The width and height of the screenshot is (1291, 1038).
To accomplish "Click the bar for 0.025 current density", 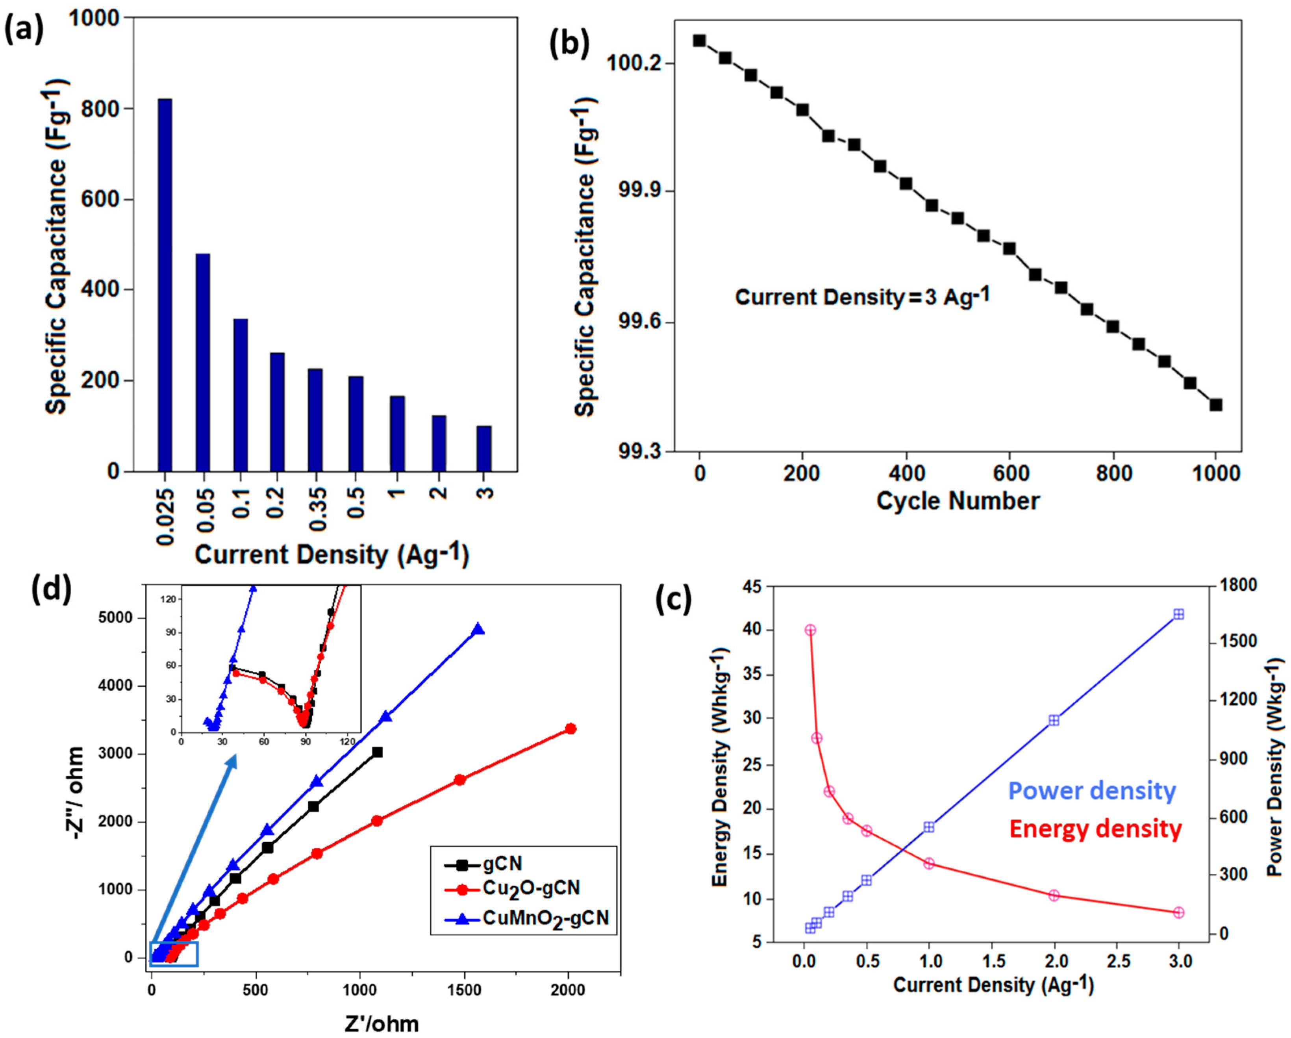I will [165, 285].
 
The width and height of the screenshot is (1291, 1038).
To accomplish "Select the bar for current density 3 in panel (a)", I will [484, 449].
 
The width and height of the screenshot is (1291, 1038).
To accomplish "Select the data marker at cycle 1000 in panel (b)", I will [1215, 405].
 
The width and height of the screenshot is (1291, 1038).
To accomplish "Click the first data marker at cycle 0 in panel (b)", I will [699, 41].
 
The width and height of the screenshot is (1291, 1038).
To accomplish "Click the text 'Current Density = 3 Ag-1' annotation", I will [862, 297].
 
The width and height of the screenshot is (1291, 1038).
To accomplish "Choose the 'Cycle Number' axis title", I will [958, 501].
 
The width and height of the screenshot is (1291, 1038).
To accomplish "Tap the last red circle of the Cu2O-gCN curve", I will [570, 728].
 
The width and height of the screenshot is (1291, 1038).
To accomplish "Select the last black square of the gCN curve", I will [377, 752].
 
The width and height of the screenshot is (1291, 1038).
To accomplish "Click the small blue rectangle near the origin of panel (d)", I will [174, 954].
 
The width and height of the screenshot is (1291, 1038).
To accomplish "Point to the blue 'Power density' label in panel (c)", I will [1092, 791].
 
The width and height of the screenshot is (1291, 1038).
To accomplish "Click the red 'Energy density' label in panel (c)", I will [1095, 829].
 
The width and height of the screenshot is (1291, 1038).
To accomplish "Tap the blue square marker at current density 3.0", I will [1178, 614].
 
